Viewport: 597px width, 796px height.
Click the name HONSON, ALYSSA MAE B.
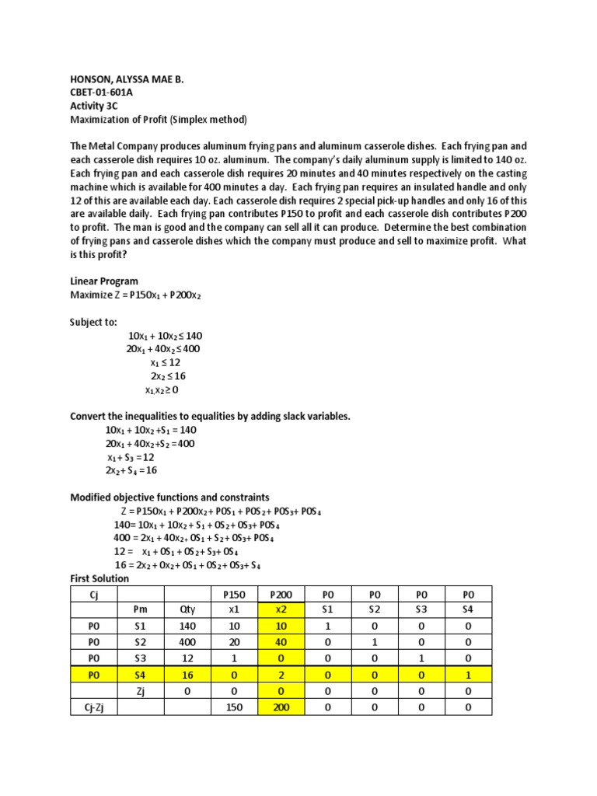click(x=129, y=79)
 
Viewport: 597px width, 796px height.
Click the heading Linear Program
click(x=105, y=281)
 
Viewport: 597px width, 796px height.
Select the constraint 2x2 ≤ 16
click(x=168, y=376)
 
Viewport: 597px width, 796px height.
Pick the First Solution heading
click(x=99, y=578)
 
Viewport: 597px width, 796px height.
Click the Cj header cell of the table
click(x=93, y=594)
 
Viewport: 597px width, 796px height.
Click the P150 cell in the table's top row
click(x=229, y=594)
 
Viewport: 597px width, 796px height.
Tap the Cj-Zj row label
click(x=93, y=707)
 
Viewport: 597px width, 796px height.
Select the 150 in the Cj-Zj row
click(x=229, y=707)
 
